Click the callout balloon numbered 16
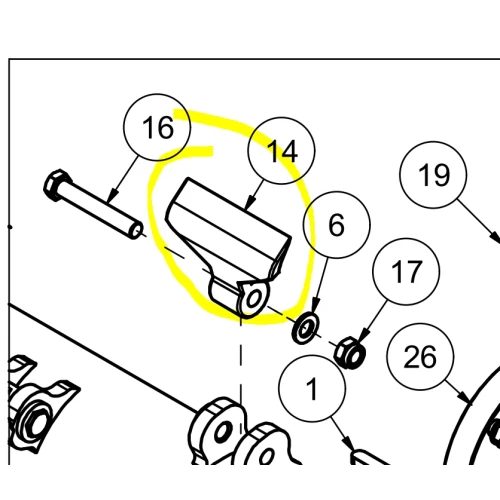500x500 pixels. (157, 127)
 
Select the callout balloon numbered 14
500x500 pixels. (281, 150)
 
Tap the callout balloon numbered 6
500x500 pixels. (337, 225)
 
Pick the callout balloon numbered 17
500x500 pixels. (406, 271)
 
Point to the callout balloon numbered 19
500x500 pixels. (433, 175)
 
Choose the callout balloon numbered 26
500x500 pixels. (421, 357)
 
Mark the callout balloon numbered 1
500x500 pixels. (312, 389)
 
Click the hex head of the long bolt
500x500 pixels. (56, 185)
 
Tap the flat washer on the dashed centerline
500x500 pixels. (305, 328)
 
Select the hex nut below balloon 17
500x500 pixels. (350, 353)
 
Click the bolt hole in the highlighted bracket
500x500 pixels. (254, 298)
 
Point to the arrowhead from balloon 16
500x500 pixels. (113, 196)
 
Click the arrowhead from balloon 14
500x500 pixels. (249, 204)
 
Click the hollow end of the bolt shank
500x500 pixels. (136, 231)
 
